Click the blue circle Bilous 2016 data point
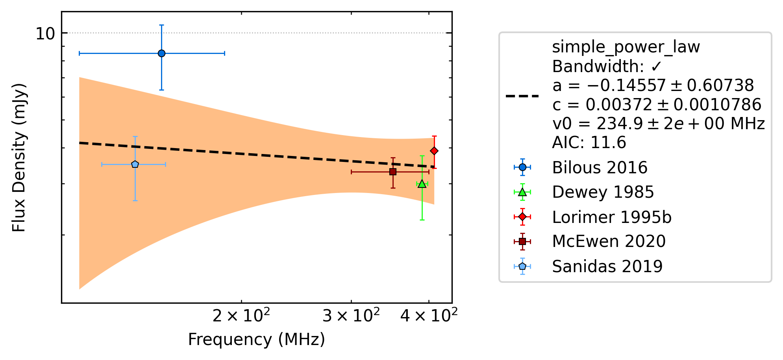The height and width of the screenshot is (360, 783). point(161,53)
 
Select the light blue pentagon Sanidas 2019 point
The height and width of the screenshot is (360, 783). point(135,164)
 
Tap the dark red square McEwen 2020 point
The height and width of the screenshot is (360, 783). point(392,172)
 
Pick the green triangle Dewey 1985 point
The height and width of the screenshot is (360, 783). point(422,184)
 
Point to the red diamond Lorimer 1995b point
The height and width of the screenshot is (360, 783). point(434,151)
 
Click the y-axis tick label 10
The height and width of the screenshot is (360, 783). point(45,34)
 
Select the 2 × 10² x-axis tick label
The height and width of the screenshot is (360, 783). point(241,315)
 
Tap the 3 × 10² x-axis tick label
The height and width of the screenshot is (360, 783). point(351,315)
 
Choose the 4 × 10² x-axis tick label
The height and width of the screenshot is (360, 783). point(429,315)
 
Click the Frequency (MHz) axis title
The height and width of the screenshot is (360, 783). point(257,340)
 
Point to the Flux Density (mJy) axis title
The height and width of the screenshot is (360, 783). point(19,158)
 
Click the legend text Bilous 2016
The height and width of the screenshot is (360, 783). point(600,167)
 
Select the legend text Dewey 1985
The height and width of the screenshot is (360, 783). point(603,192)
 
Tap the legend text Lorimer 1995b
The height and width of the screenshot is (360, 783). point(612,217)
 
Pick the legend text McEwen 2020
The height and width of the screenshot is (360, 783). point(609,241)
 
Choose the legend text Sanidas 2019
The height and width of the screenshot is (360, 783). point(607,266)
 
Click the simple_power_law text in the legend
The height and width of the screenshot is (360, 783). point(626,47)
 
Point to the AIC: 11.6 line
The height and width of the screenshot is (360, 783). point(589,143)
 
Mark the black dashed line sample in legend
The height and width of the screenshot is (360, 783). point(522,96)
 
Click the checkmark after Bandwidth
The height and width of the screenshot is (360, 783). point(656,67)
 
